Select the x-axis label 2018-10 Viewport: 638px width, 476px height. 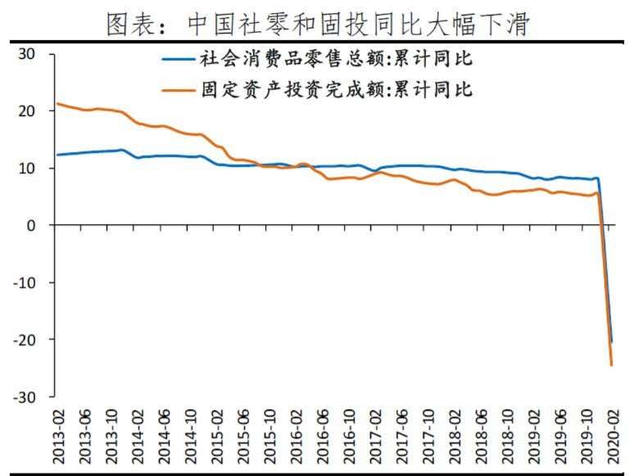click(x=505, y=438)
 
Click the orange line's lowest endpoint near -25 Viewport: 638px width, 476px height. click(x=611, y=365)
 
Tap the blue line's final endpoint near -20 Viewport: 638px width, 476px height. click(x=611, y=342)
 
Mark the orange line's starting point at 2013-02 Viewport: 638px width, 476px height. click(x=56, y=104)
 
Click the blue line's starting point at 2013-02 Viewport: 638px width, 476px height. click(x=56, y=155)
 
